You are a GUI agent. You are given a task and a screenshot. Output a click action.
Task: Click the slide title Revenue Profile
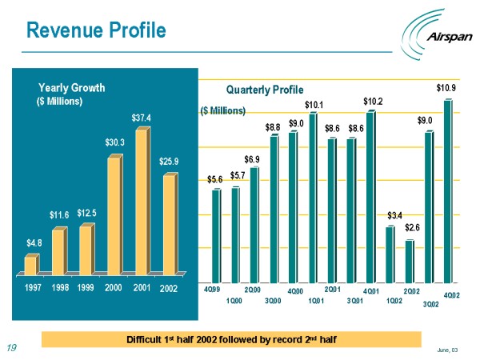[96, 30]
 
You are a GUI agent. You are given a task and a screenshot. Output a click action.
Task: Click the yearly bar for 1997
[30, 264]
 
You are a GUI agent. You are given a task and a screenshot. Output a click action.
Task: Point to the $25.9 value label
[169, 162]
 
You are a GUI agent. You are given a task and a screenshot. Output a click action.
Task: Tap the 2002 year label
[169, 287]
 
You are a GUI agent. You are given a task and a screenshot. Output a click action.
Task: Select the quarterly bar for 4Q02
[448, 192]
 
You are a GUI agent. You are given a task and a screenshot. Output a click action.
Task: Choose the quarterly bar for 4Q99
[216, 236]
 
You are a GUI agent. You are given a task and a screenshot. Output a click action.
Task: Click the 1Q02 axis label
[394, 300]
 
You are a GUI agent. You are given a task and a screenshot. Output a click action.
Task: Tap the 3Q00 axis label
[273, 300]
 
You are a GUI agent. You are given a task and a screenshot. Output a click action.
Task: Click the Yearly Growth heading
[72, 87]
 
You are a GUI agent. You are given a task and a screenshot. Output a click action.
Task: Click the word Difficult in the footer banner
[146, 340]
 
